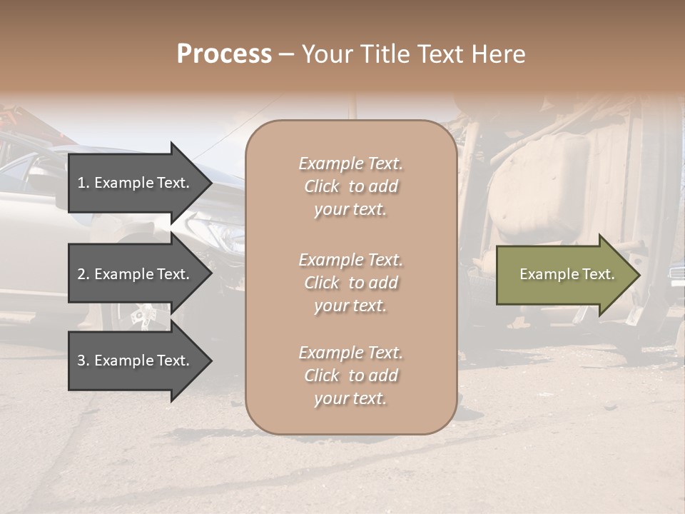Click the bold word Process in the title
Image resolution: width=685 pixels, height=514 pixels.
point(224,54)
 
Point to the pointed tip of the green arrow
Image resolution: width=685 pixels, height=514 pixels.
point(639,275)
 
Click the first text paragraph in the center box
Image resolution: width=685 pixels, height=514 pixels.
point(350,186)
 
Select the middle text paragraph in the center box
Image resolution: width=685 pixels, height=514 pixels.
point(350,283)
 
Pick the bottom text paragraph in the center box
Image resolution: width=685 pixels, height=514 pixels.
point(350,376)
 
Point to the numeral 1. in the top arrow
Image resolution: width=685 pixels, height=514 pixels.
point(83,183)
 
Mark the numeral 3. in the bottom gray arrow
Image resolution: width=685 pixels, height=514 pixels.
point(83,361)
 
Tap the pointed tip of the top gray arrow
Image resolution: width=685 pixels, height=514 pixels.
point(211,183)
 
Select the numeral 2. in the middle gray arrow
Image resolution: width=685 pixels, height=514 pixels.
point(83,274)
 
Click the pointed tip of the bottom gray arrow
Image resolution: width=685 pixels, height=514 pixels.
point(211,361)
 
